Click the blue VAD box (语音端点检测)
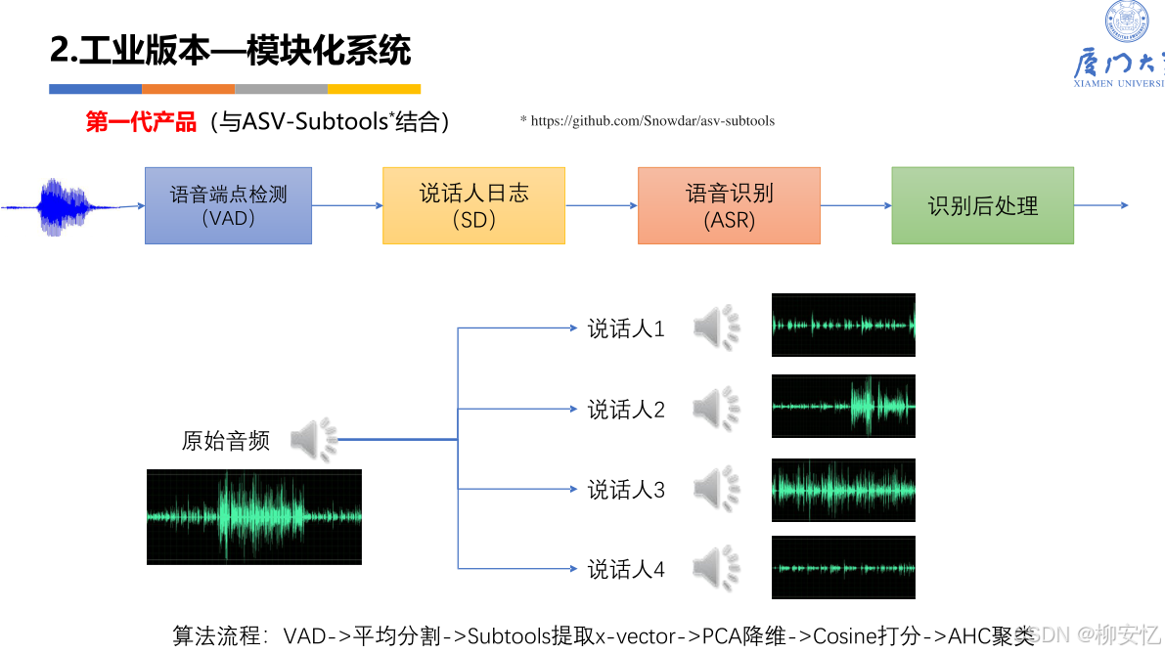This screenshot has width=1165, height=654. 228,205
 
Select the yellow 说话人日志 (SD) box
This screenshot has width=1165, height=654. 473,205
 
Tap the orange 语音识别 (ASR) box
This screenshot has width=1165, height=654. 729,205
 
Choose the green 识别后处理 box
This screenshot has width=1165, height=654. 982,205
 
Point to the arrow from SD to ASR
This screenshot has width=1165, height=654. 601,205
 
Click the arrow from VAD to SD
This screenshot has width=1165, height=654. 346,205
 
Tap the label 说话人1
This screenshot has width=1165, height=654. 626,329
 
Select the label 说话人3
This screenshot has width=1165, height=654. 626,490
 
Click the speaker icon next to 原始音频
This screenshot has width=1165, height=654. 313,440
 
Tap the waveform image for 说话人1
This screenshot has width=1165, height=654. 843,325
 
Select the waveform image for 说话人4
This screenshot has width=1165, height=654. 843,567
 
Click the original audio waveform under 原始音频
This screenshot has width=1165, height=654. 254,516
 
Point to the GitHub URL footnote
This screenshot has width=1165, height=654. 648,121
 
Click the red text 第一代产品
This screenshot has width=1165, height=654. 141,122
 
